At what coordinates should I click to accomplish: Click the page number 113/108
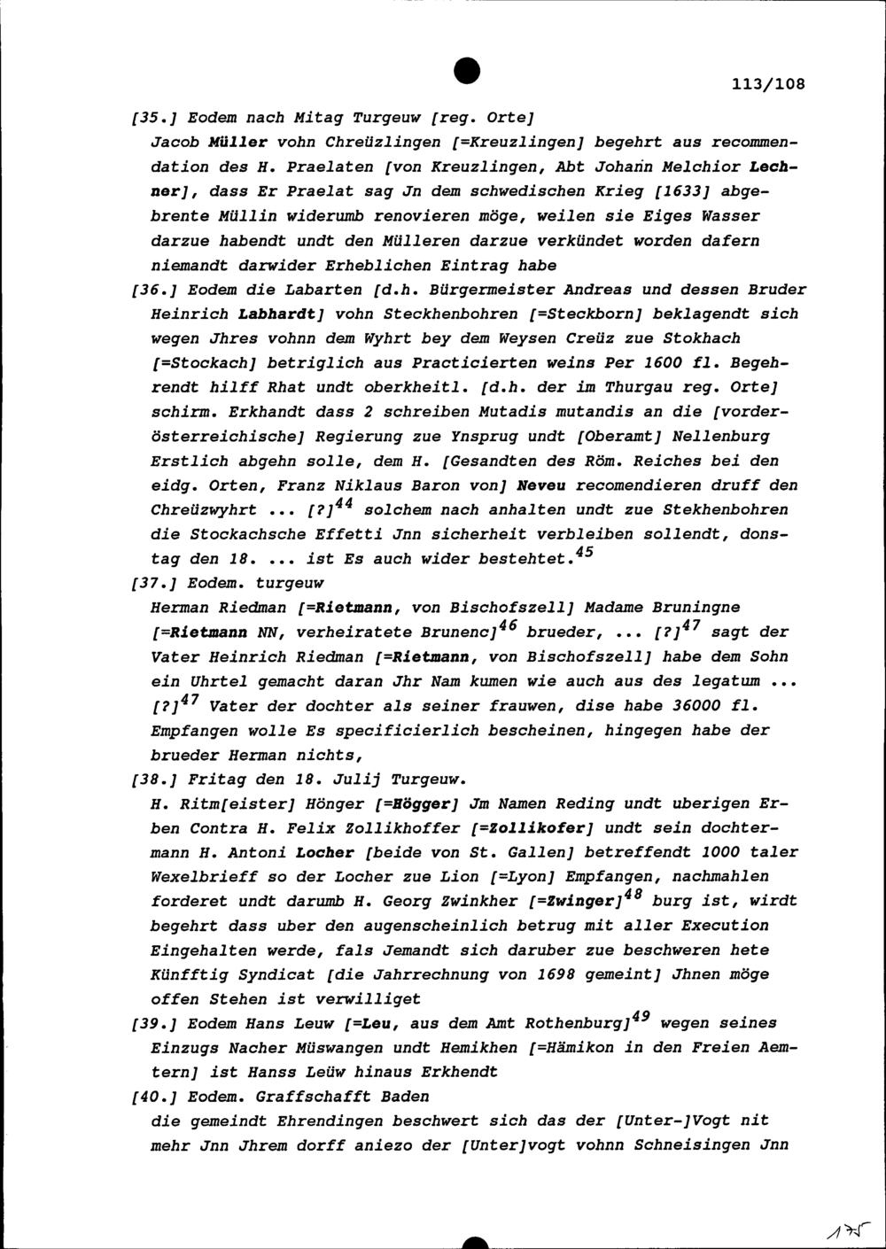coord(769,85)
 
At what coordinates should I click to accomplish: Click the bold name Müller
coord(237,142)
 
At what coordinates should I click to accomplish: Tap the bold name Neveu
coord(540,485)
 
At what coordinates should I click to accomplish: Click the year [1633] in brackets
coord(679,190)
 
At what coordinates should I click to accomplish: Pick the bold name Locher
coord(324,852)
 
